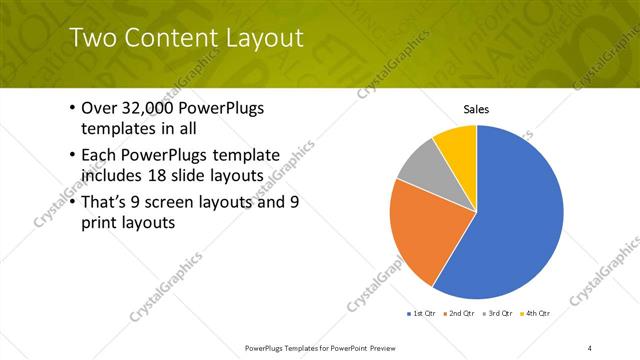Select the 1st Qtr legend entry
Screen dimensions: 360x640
pyautogui.click(x=422, y=313)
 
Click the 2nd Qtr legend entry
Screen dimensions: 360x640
pyautogui.click(x=459, y=313)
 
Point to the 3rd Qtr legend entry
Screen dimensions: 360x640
pyautogui.click(x=497, y=313)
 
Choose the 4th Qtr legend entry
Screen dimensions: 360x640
pyautogui.click(x=535, y=313)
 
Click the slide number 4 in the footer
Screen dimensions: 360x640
pyautogui.click(x=590, y=347)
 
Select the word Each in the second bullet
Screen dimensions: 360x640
pyautogui.click(x=99, y=156)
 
